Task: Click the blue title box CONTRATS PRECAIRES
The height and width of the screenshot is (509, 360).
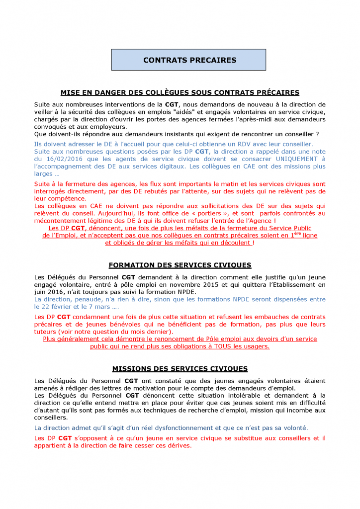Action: [189, 60]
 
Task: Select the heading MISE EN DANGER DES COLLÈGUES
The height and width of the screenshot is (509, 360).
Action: [180, 92]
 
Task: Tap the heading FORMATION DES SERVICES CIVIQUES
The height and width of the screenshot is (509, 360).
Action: [180, 265]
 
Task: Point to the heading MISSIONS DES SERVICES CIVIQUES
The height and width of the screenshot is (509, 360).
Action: [180, 369]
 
